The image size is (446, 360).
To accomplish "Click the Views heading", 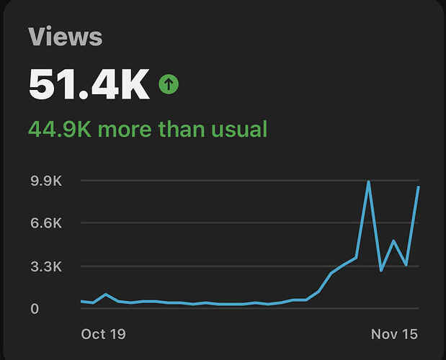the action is (65, 37).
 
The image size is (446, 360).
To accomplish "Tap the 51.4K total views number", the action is (89, 84).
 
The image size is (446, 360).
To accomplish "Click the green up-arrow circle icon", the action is (169, 84).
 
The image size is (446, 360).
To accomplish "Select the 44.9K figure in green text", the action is (60, 129).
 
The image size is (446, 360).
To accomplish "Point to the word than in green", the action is (182, 129).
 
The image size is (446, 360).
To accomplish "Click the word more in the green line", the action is (125, 131).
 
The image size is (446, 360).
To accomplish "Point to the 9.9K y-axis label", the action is (46, 181).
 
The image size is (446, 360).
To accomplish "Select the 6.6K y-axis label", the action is (46, 223).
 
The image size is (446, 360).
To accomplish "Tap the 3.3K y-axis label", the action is (46, 267).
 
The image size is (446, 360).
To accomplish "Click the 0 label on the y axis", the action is (35, 309).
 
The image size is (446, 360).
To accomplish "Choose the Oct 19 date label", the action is (103, 334).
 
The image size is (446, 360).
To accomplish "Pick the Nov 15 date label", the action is (395, 334).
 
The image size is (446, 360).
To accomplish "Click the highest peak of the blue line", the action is (369, 182).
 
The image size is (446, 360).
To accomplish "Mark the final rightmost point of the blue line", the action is (419, 187).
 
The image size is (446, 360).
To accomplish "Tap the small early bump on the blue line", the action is (106, 294).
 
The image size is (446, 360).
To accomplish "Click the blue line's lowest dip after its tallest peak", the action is (381, 270).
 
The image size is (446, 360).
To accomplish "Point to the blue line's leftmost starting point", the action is (81, 302).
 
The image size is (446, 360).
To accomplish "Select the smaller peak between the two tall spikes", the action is (393, 241).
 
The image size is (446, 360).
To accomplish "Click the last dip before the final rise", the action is (406, 265).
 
